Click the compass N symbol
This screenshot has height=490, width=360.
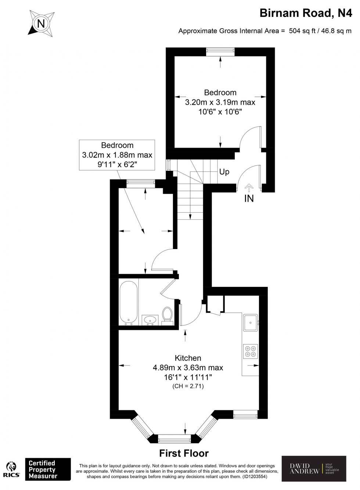42,24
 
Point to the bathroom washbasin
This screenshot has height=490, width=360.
150,320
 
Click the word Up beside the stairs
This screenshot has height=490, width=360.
224,172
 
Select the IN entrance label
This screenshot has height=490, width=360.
249,199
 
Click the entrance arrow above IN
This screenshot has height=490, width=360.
249,188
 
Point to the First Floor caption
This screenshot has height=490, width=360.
184,453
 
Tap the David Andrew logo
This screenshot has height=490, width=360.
314,468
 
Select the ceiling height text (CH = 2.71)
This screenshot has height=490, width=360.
188,386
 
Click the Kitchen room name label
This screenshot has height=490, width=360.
188,358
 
